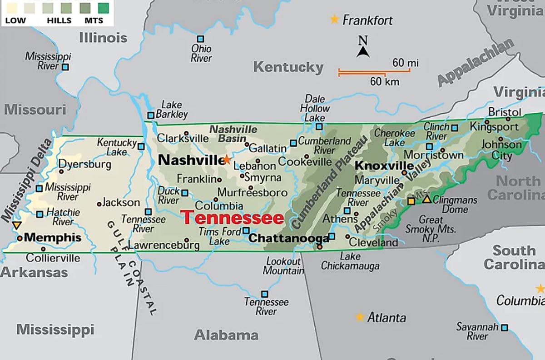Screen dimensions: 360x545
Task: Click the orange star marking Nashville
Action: [x=226, y=160]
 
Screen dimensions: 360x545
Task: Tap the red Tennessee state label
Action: [x=232, y=218]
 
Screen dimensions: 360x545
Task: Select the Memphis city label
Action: [x=53, y=237]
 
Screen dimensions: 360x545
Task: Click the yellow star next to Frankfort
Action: [x=334, y=19]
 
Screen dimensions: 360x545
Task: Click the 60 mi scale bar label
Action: [x=405, y=63]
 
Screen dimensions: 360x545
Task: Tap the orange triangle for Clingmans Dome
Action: [x=426, y=199]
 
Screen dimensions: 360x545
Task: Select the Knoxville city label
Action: [x=384, y=166]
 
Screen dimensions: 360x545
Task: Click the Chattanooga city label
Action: [x=289, y=238]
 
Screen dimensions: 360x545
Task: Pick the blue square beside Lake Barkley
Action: [x=150, y=115]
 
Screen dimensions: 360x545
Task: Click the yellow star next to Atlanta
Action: [x=360, y=317]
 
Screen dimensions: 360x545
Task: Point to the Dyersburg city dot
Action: [x=61, y=171]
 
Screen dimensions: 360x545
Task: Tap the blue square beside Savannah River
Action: [x=504, y=327]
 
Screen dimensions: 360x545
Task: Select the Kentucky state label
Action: [x=288, y=67]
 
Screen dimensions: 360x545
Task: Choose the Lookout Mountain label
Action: [x=283, y=266]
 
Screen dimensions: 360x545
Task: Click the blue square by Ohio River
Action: [x=200, y=39]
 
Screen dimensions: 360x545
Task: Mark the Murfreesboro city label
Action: [x=252, y=192]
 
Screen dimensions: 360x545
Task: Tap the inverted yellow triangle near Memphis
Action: [x=17, y=225]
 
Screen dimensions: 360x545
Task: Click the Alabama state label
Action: [x=226, y=335]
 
